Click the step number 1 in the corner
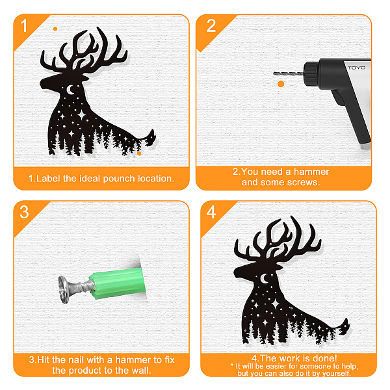pyautogui.click(x=24, y=25)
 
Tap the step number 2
pyautogui.click(x=211, y=25)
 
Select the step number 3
pyautogui.click(x=24, y=212)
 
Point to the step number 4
pyautogui.click(x=211, y=212)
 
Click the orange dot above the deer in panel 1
pyautogui.click(x=55, y=29)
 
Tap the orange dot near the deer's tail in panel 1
pyautogui.click(x=139, y=153)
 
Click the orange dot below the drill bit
pyautogui.click(x=281, y=84)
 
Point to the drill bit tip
pyautogui.click(x=274, y=73)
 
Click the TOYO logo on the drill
pyautogui.click(x=357, y=68)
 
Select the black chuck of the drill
pyautogui.click(x=311, y=74)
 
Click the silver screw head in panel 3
pyautogui.click(x=63, y=289)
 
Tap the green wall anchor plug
pyautogui.click(x=118, y=283)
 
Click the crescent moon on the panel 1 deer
pyautogui.click(x=71, y=90)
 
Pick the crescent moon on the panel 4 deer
pyautogui.click(x=264, y=279)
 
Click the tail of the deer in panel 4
pyautogui.click(x=344, y=326)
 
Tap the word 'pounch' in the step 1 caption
pyautogui.click(x=119, y=179)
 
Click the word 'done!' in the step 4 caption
pyautogui.click(x=324, y=358)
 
